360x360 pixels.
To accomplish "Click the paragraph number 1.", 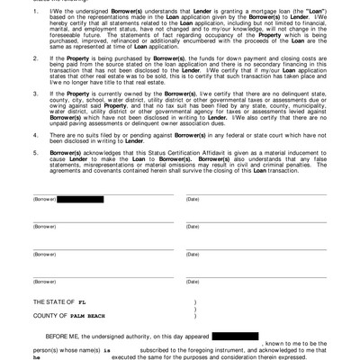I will (34, 16).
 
